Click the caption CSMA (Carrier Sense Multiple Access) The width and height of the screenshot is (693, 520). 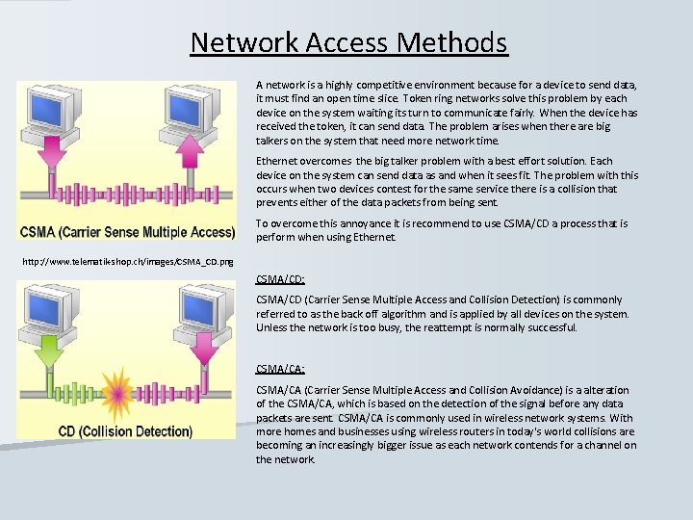128,232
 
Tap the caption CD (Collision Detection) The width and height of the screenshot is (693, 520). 125,431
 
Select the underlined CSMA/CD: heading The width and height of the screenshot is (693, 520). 280,279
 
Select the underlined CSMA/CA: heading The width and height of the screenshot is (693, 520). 280,369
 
